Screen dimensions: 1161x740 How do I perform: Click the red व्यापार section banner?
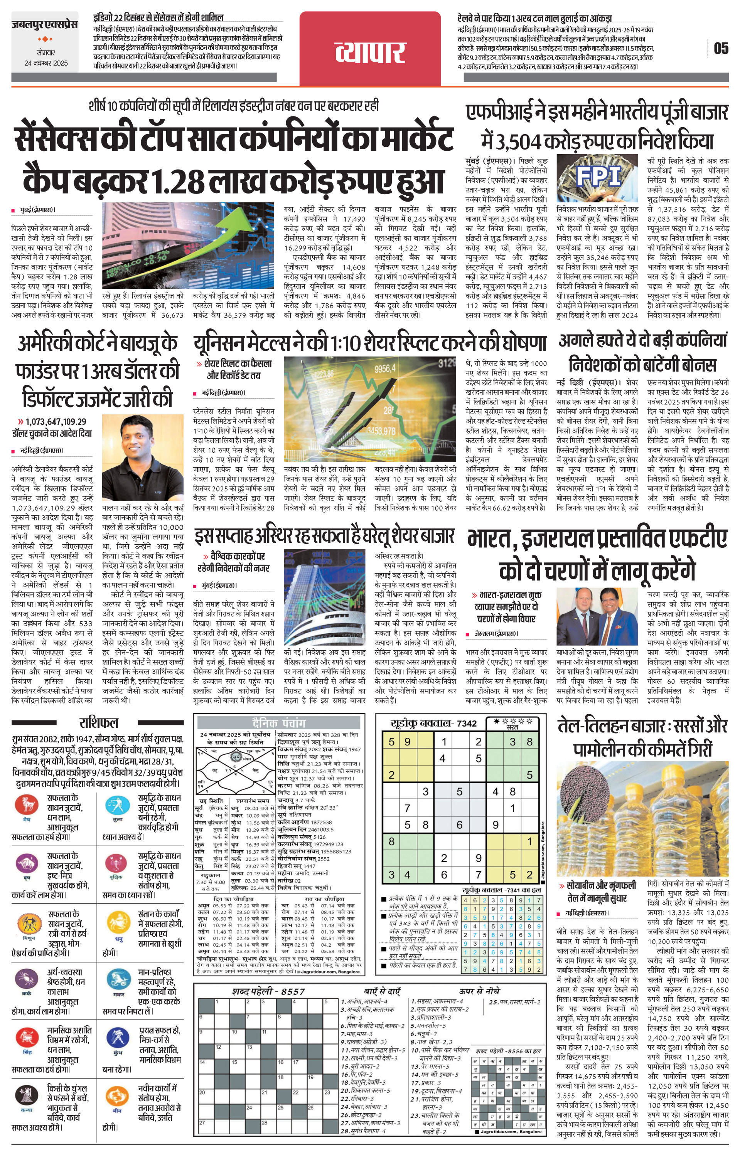(370, 52)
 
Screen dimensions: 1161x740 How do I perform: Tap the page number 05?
(721, 48)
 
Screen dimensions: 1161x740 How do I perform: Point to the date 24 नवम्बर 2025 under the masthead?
(46, 63)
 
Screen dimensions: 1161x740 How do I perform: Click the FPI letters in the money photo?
(597, 177)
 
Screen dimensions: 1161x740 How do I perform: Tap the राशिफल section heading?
(98, 722)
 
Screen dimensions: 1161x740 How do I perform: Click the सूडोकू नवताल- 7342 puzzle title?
(433, 723)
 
